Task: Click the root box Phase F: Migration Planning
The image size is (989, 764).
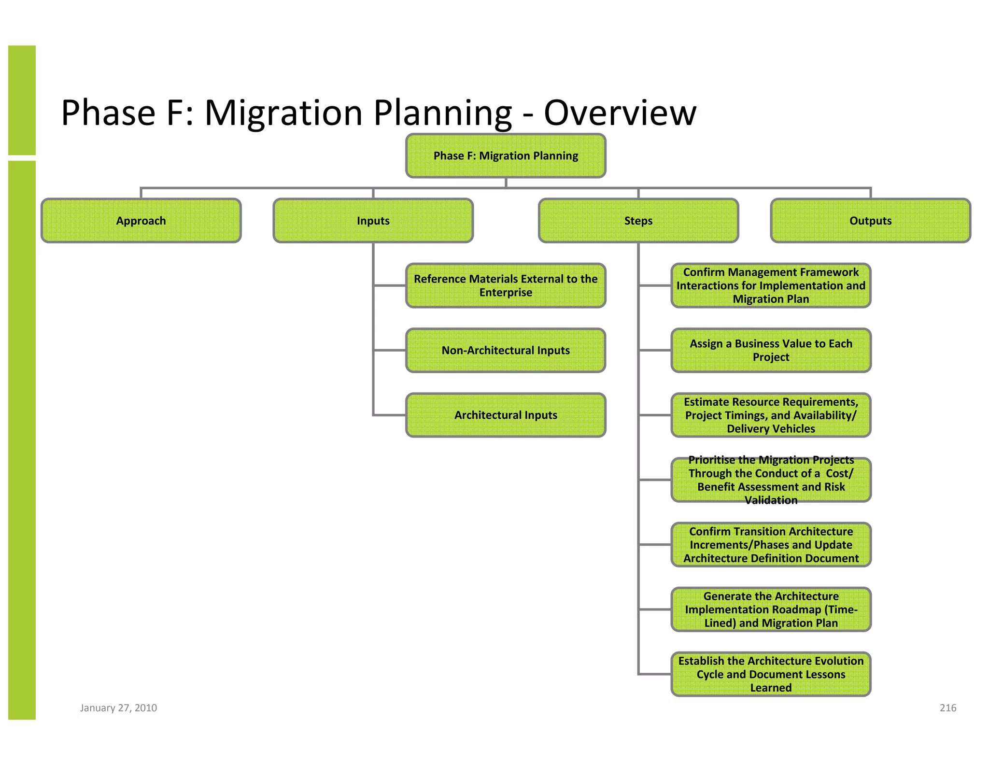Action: tap(506, 156)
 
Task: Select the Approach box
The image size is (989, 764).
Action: tap(141, 221)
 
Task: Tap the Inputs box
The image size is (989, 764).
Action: tap(373, 221)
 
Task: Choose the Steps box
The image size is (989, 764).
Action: tap(638, 221)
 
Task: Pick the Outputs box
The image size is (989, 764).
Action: tap(870, 221)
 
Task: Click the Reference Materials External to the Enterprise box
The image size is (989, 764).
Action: tap(506, 285)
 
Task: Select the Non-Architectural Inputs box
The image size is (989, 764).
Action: tap(506, 350)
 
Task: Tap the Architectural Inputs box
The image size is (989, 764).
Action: tap(506, 415)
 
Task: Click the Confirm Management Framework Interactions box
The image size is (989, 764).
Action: tap(771, 285)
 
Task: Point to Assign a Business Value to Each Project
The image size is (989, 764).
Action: tap(771, 350)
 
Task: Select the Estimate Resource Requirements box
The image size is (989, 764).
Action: tap(771, 415)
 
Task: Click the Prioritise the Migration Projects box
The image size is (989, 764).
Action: tap(771, 480)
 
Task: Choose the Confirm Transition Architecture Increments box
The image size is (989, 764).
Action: tap(771, 544)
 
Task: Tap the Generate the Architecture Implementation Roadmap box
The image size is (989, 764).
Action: tap(771, 609)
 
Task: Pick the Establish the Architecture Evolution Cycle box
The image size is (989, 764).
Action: tap(771, 674)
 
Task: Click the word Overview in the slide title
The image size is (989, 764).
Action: tap(620, 113)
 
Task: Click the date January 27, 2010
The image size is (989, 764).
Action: tap(118, 707)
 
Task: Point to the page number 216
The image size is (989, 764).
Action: tap(947, 707)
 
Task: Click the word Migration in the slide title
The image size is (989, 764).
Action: tap(283, 113)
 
